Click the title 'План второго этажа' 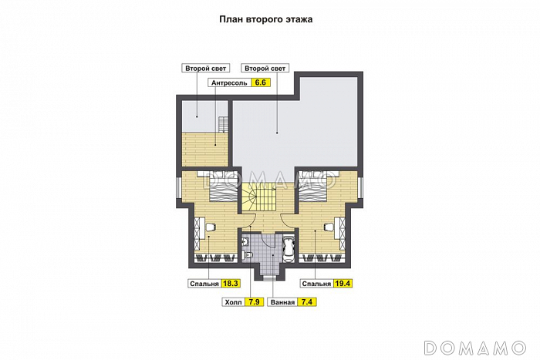(266, 19)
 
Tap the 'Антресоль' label (229, 83)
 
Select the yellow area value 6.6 (261, 82)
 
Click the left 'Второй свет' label (206, 68)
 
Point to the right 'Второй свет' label (265, 68)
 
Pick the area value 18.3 (231, 284)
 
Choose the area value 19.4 (343, 284)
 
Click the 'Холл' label (234, 302)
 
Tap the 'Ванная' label (283, 302)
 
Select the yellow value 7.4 (307, 302)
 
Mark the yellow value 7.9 (254, 302)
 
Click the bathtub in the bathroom (289, 249)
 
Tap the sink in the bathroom (245, 241)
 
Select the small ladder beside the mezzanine (223, 125)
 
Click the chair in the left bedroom (210, 226)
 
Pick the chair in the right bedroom (329, 226)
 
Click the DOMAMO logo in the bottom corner (475, 348)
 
